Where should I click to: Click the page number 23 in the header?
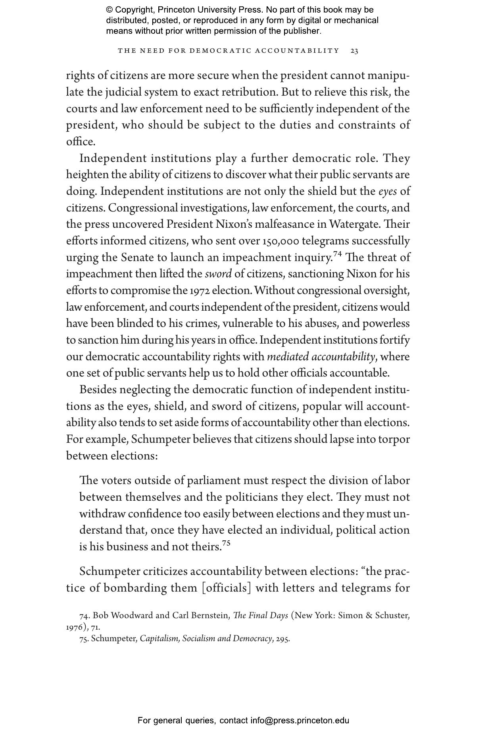[355, 51]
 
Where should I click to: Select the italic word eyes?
[387, 192]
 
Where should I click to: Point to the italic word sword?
[218, 274]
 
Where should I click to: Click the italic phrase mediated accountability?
[321, 357]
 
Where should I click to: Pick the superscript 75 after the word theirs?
[226, 544]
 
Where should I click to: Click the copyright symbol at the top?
[109, 10]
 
